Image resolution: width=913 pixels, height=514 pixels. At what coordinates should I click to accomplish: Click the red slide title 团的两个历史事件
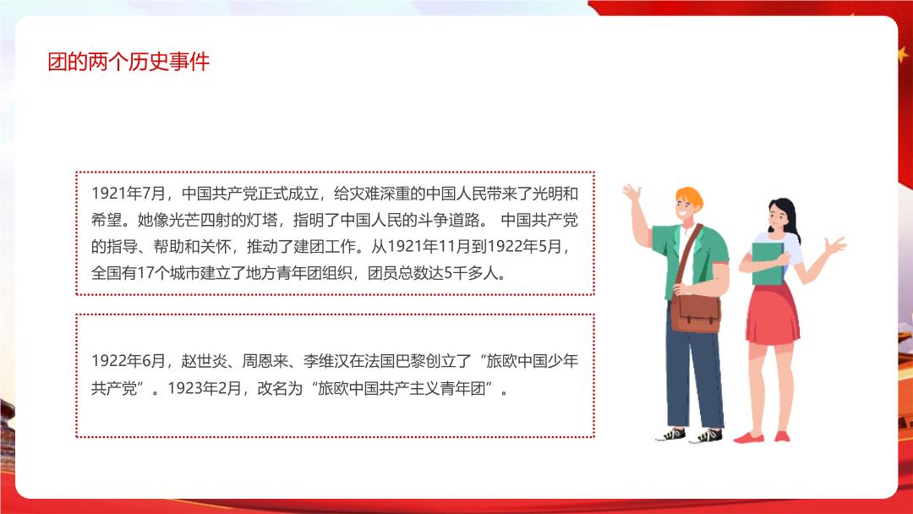tap(128, 62)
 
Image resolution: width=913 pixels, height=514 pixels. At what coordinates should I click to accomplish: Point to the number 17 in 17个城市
tap(145, 273)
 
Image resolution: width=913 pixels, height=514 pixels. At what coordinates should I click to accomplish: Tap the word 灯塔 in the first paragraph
tap(262, 220)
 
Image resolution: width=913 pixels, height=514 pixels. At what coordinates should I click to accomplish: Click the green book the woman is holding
tap(768, 264)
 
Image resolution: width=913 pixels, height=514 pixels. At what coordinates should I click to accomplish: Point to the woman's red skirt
tap(773, 314)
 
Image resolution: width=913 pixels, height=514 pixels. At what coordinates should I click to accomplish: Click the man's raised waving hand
tap(631, 193)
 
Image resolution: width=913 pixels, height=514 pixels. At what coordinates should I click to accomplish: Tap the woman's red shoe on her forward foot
tap(748, 438)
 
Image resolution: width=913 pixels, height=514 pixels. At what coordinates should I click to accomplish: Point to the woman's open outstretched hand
tap(835, 246)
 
